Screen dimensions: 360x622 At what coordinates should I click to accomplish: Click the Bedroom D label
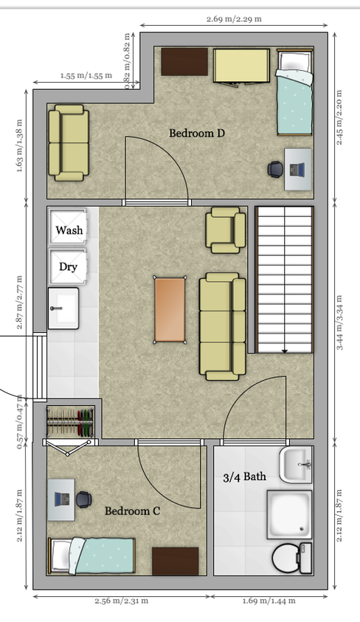tap(197, 133)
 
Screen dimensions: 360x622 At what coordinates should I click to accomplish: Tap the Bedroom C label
tap(133, 511)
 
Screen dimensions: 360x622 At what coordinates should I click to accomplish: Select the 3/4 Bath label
tap(244, 477)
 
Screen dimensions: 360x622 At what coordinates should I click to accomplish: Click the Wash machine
tap(68, 227)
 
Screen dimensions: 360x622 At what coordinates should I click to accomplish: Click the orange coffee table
tap(170, 310)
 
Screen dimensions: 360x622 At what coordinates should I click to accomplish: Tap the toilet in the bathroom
tap(293, 558)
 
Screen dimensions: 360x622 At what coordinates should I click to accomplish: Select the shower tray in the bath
tap(290, 515)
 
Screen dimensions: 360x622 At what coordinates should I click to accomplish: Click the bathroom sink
tap(297, 465)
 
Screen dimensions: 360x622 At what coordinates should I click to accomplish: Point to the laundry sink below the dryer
tap(63, 308)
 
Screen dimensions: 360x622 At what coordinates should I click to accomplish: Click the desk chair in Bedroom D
tap(275, 169)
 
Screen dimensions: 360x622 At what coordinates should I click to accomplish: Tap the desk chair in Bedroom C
tap(84, 500)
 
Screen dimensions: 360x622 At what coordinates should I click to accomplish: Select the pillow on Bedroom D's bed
tap(294, 61)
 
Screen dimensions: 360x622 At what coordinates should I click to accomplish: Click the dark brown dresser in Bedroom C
tap(176, 561)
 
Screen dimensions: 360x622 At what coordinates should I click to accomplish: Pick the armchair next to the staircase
tap(226, 230)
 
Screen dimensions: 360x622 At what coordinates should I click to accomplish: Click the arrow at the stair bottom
tap(285, 350)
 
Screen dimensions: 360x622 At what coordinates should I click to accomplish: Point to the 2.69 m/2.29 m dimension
tap(234, 19)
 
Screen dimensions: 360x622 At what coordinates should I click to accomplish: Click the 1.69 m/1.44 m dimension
tap(269, 601)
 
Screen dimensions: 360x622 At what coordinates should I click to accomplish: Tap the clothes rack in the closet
tap(70, 422)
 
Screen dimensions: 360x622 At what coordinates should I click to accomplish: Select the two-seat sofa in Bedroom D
tap(69, 143)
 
